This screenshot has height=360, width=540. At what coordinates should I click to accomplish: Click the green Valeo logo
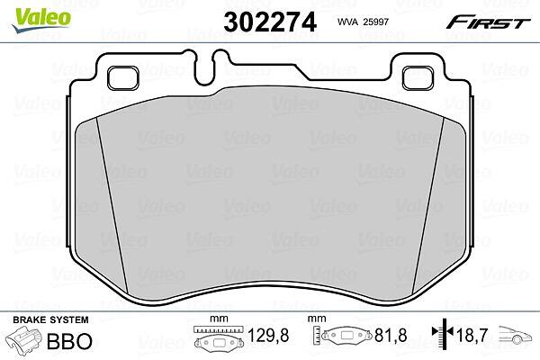41,19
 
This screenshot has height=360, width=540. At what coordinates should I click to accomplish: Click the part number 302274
270,22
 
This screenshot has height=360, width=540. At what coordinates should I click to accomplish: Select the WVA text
348,22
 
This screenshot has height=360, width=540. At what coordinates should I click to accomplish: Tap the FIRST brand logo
488,22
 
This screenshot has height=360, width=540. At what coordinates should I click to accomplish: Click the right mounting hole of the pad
417,78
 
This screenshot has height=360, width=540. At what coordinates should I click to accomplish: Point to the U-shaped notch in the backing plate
204,67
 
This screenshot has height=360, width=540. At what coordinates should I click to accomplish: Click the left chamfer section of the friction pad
100,207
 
